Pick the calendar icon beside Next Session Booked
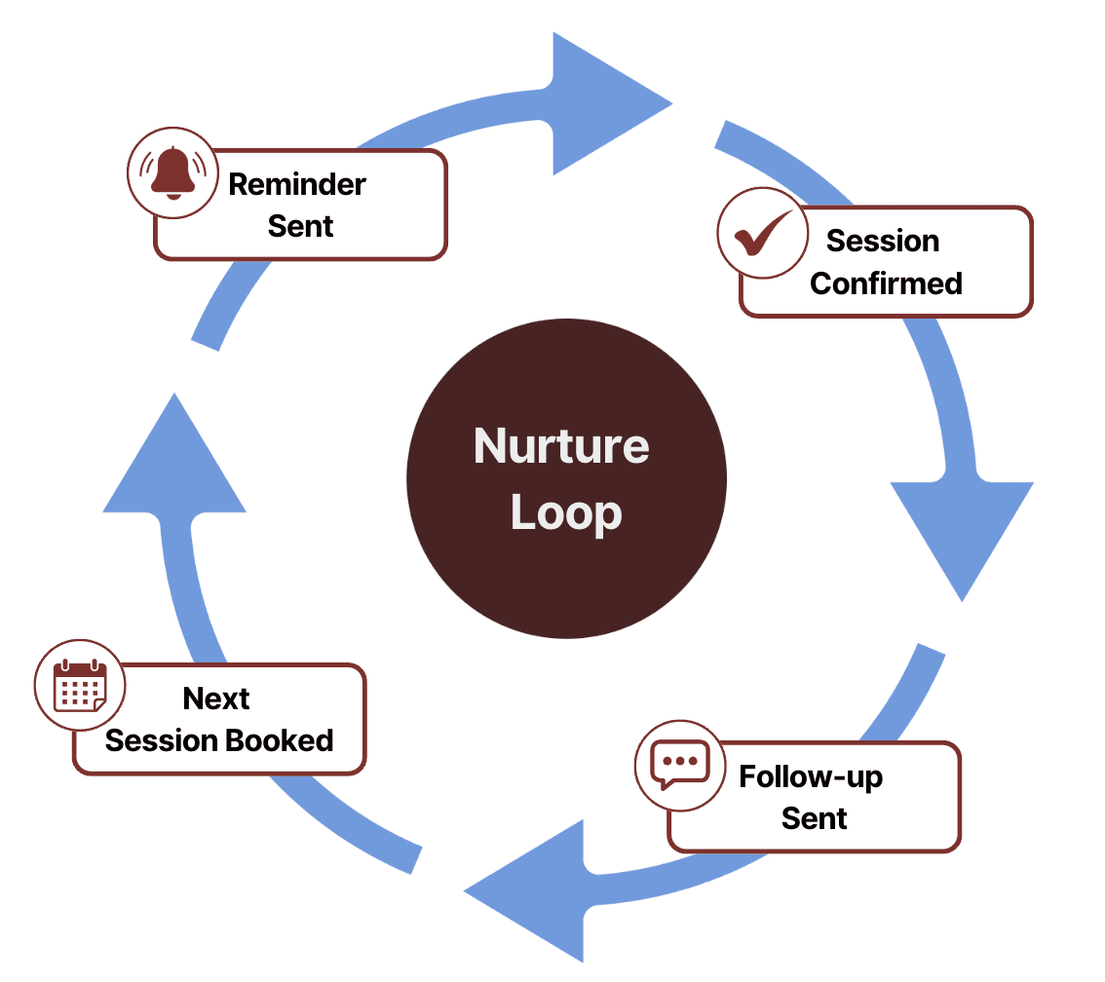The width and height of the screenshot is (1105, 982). pyautogui.click(x=80, y=685)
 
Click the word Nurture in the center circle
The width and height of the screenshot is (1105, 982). pyautogui.click(x=561, y=447)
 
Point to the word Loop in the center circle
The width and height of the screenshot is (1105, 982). pyautogui.click(x=566, y=513)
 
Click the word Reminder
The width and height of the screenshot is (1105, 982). pyautogui.click(x=297, y=184)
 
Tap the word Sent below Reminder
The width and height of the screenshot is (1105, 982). pyautogui.click(x=300, y=226)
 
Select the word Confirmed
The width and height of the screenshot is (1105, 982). pyautogui.click(x=886, y=283)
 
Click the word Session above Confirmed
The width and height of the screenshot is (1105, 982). pyautogui.click(x=883, y=241)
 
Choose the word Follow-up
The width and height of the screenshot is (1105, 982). pyautogui.click(x=811, y=776)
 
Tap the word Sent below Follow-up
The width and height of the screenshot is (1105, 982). pyautogui.click(x=815, y=818)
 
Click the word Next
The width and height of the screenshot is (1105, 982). pyautogui.click(x=216, y=699)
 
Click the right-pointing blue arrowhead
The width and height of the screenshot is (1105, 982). pyautogui.click(x=604, y=103)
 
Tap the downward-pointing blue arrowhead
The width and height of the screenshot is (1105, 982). pyautogui.click(x=963, y=531)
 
